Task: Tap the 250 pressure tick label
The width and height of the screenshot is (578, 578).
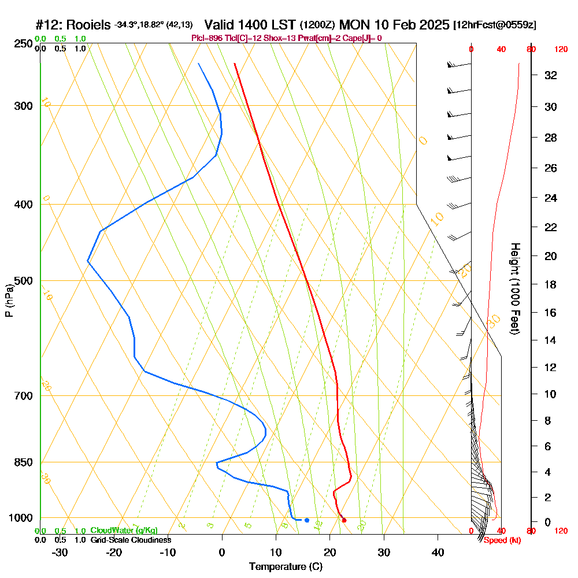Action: [22, 43]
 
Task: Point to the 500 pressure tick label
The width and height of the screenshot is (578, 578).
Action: [22, 281]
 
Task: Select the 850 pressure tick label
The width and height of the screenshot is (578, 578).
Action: [22, 462]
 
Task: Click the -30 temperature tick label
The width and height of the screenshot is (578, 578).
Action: [60, 552]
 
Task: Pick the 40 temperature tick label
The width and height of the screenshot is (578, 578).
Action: [438, 552]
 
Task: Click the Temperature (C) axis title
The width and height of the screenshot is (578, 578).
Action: [286, 566]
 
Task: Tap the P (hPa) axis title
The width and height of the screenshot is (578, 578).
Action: [9, 300]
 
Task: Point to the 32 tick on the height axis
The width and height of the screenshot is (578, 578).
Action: [551, 75]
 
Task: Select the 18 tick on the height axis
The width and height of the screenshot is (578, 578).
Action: [551, 284]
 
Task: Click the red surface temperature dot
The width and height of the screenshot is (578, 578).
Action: [344, 520]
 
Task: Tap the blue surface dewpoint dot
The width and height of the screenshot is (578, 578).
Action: [306, 520]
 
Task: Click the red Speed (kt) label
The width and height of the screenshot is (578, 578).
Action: [502, 540]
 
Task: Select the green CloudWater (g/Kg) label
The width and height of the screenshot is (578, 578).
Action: [124, 530]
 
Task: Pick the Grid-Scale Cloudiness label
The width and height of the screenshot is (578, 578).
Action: [131, 540]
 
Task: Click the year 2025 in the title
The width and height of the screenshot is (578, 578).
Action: [431, 25]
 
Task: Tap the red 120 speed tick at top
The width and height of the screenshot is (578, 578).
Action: [560, 50]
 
